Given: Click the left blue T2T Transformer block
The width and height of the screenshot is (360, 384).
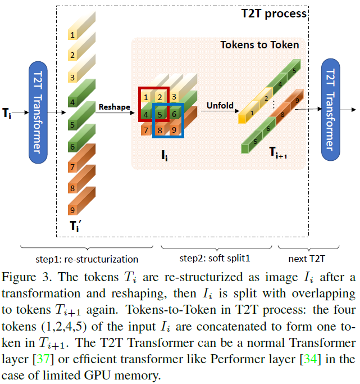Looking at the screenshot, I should [x=37, y=113].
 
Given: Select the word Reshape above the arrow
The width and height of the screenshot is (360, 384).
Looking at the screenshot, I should [x=114, y=107].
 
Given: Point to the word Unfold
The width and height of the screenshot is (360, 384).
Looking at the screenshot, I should [x=220, y=105].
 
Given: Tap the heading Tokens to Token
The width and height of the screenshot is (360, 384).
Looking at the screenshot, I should [x=259, y=45].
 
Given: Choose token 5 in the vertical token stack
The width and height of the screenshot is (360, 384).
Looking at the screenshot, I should [x=72, y=124].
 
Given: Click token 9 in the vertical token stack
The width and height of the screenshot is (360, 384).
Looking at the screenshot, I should [x=72, y=210].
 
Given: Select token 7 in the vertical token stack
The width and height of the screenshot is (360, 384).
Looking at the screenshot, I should [x=72, y=168].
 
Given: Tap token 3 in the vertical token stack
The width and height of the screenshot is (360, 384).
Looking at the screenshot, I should [x=72, y=77].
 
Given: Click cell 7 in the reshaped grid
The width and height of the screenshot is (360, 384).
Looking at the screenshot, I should [x=145, y=131].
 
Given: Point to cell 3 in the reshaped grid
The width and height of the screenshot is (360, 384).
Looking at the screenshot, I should [x=175, y=97].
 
